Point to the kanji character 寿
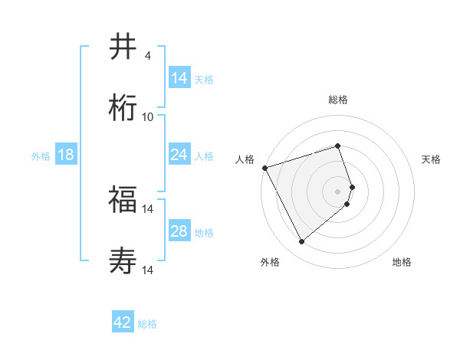pos(123,260)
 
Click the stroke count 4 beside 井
pos(147,56)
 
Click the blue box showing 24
pos(179,155)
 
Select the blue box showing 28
pos(179,231)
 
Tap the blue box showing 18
pos(66,155)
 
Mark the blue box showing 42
pos(123,322)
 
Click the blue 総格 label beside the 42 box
pos(147,324)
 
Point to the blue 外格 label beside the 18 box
pos(41,156)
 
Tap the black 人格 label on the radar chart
pos(245,159)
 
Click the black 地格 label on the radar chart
pos(402,262)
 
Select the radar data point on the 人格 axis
pos(264,168)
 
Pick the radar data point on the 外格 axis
pos(301,242)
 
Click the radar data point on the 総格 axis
pos(337,146)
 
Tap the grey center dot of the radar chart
pos(337,191)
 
